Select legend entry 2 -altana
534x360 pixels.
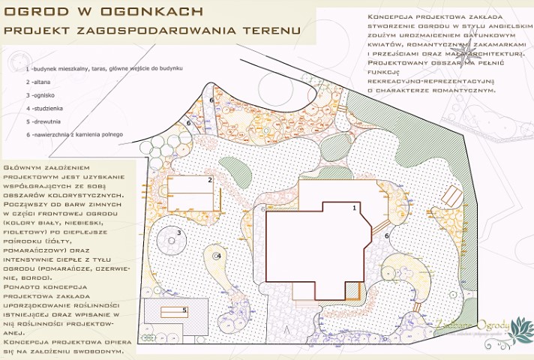pos(39,81)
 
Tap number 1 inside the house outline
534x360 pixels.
pos(353,208)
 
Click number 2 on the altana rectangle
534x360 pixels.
pos(210,180)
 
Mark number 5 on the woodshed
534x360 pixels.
pos(184,309)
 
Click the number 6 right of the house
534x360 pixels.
pos(386,235)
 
